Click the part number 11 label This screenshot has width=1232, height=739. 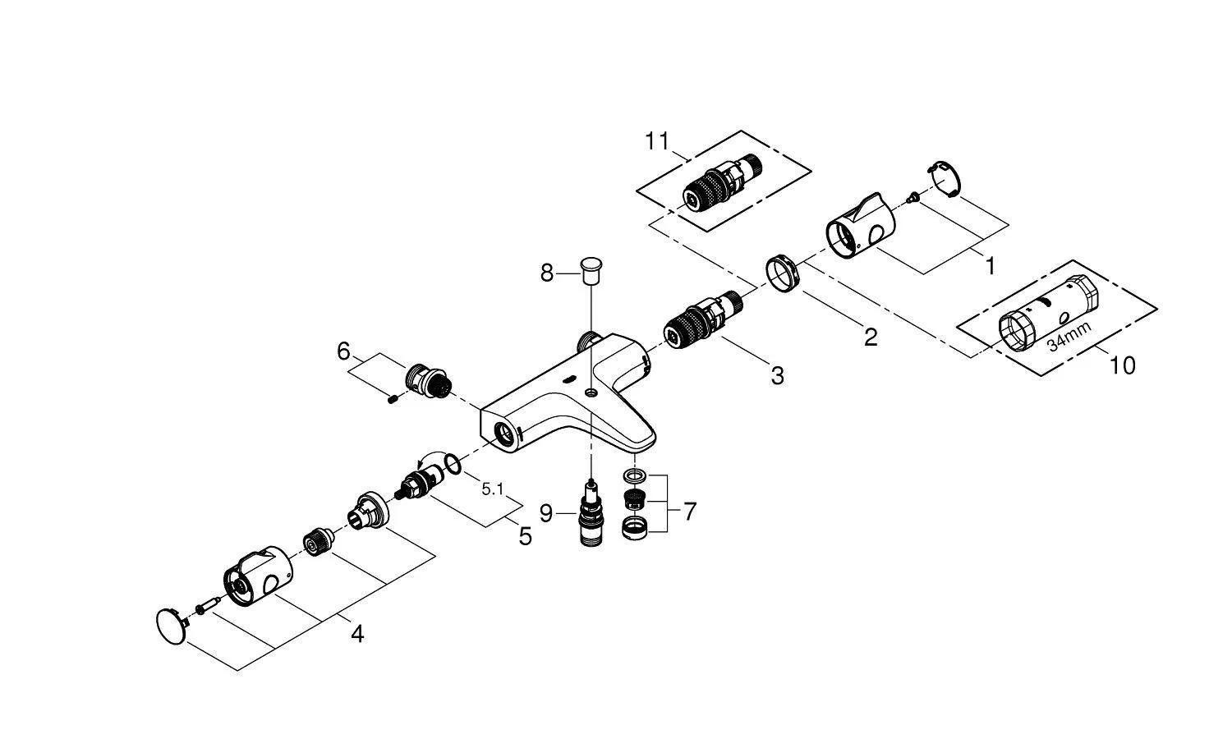(x=657, y=141)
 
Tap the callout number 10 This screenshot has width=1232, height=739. (x=1122, y=365)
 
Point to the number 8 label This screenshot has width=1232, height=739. (x=547, y=273)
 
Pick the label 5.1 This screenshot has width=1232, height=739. (x=493, y=489)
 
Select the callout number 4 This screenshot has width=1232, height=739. (x=356, y=634)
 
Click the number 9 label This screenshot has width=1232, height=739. (x=547, y=514)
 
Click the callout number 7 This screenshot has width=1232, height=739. (x=689, y=512)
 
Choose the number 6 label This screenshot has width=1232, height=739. (x=343, y=351)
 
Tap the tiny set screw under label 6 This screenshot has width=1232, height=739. (x=393, y=400)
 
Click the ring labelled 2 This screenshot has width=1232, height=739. (x=783, y=271)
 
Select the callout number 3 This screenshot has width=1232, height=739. (x=777, y=376)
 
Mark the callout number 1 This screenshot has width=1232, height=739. (x=990, y=266)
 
